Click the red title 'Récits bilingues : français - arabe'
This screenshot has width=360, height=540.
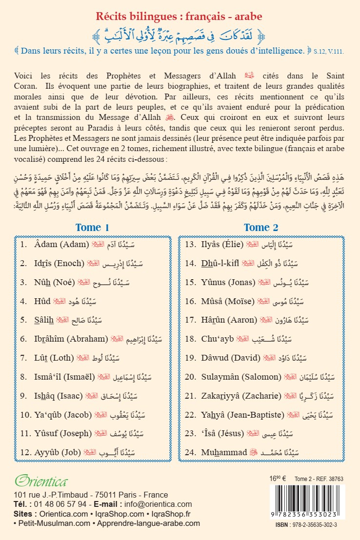click(x=180, y=17)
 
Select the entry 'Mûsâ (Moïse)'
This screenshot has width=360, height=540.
click(x=228, y=301)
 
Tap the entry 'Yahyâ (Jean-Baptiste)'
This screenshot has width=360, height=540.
click(x=243, y=415)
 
